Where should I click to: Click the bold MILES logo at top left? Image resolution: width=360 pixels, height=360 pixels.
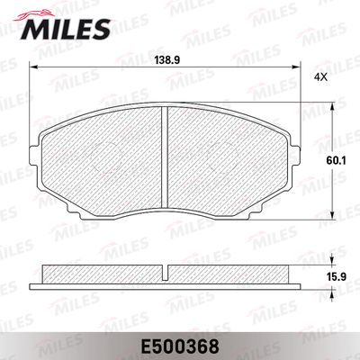point(66,29)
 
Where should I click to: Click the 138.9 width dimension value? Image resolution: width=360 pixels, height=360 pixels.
point(166,60)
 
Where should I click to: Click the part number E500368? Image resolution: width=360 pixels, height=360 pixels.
point(180,346)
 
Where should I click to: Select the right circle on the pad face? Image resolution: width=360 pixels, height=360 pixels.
point(221,156)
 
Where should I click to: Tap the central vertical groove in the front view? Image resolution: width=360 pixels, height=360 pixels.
point(164,157)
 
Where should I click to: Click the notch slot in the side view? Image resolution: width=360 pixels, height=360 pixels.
point(165,273)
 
